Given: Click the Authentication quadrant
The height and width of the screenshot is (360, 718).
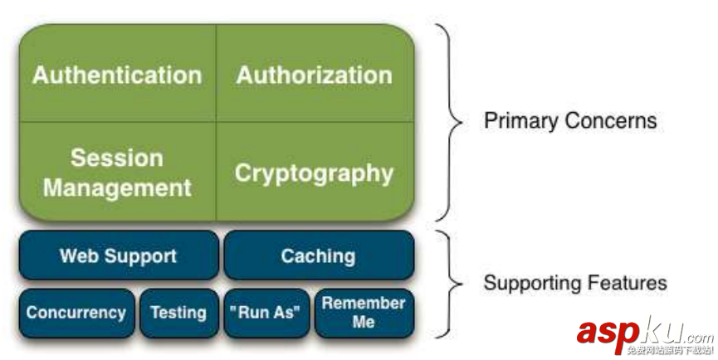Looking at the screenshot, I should [117, 75].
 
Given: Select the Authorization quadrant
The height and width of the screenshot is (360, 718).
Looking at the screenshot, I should [315, 75].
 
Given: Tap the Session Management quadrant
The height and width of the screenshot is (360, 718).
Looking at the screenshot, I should [117, 172].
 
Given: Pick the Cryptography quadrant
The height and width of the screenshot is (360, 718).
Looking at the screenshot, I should [315, 173].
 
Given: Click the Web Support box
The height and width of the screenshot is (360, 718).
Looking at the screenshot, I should [118, 255].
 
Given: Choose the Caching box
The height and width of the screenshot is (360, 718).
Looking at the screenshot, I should [318, 255].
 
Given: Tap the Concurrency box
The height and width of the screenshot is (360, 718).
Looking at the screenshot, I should [76, 313].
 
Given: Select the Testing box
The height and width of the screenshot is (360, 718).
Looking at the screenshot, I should [178, 313].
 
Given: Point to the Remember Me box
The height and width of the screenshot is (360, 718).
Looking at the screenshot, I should [364, 313].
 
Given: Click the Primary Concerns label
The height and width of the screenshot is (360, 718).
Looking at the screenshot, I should [570, 121].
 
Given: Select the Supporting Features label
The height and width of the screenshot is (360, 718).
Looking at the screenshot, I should [575, 282].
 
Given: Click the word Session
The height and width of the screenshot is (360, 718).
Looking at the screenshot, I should [117, 158].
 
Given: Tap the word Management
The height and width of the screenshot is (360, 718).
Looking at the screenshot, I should [117, 187].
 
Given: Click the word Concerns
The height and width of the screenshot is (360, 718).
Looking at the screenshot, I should [612, 121].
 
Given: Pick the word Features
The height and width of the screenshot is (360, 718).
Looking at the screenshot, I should [628, 282].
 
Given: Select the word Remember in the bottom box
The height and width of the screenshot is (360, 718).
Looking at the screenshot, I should [364, 303].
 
